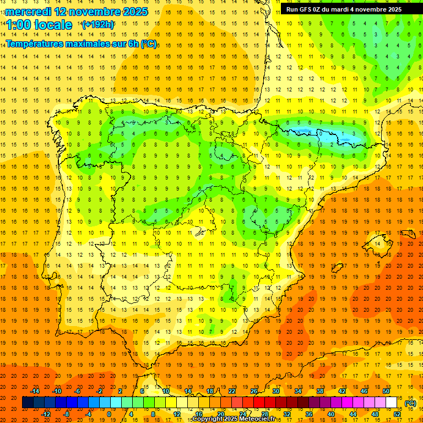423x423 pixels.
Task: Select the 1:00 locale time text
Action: click(39, 25)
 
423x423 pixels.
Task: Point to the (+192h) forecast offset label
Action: click(97, 25)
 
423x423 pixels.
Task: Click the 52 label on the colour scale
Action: click(397, 414)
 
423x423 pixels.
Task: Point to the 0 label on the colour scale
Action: click(109, 414)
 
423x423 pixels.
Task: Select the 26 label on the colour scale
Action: click(254, 391)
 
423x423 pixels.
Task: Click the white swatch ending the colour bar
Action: click(391, 403)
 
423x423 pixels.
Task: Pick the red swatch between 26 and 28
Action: click(259, 403)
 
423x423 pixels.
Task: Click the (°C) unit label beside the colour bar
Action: click(410, 403)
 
